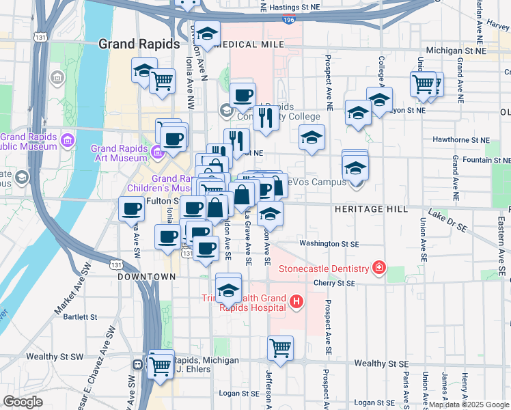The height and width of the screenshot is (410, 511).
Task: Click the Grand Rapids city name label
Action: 139,44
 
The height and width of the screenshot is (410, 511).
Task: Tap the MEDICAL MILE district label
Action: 249,44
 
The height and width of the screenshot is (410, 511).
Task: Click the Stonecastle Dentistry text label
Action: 324,268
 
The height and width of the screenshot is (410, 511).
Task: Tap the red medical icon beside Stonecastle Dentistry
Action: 378,268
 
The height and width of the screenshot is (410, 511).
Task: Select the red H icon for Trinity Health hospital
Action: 296,301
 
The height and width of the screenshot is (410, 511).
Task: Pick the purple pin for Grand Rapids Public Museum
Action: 67,141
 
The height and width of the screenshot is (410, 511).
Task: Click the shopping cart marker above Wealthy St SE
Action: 280,348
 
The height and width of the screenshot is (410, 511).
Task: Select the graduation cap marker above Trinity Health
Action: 229,287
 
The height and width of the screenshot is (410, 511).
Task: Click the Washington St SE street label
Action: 329,243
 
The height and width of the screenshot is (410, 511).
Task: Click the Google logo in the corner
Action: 23,402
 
